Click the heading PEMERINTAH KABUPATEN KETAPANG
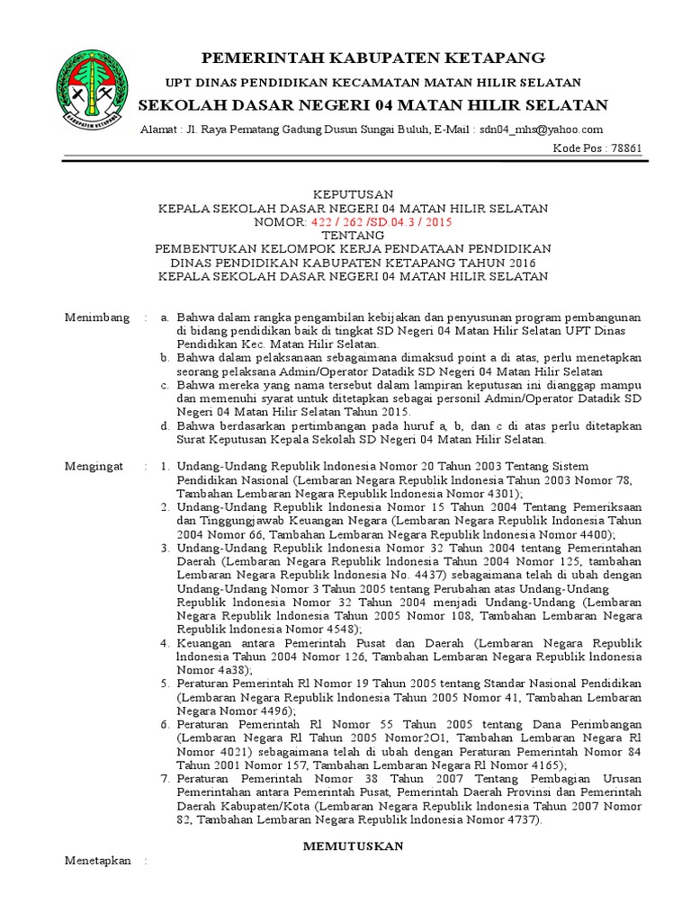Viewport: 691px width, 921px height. pos(372,58)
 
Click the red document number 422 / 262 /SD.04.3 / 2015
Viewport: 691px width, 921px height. pos(381,221)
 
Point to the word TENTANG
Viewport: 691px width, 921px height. pos(353,235)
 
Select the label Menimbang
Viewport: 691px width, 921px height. pos(93,317)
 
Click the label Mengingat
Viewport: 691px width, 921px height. pos(92,467)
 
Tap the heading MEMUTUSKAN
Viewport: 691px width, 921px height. pos(353,846)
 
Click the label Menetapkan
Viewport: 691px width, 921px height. pos(97,861)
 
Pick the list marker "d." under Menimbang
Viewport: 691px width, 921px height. pos(165,426)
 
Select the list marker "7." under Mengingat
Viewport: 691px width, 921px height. pos(165,779)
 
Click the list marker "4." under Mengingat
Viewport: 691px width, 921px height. pos(165,643)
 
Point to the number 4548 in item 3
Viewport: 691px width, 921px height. pos(316,630)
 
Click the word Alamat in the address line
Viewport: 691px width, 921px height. pos(158,130)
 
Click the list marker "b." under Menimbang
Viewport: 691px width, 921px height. pos(165,358)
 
